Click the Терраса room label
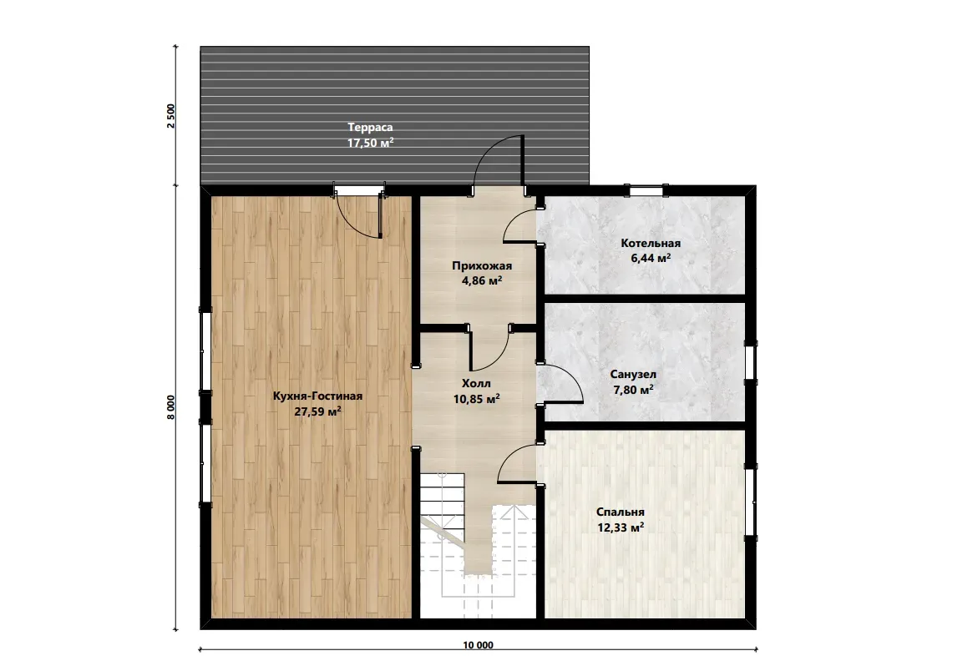(370, 127)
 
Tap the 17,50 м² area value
(371, 143)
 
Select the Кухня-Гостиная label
(317, 396)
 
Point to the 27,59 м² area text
(317, 411)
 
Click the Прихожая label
(482, 266)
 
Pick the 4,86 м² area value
(482, 280)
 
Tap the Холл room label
(477, 383)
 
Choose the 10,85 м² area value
(477, 399)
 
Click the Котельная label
(651, 243)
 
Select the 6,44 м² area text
(651, 258)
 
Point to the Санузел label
(633, 375)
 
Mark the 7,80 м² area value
(633, 390)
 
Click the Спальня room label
(621, 512)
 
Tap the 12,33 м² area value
(621, 527)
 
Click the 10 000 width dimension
(479, 645)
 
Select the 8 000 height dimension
(171, 406)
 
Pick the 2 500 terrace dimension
(171, 116)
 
